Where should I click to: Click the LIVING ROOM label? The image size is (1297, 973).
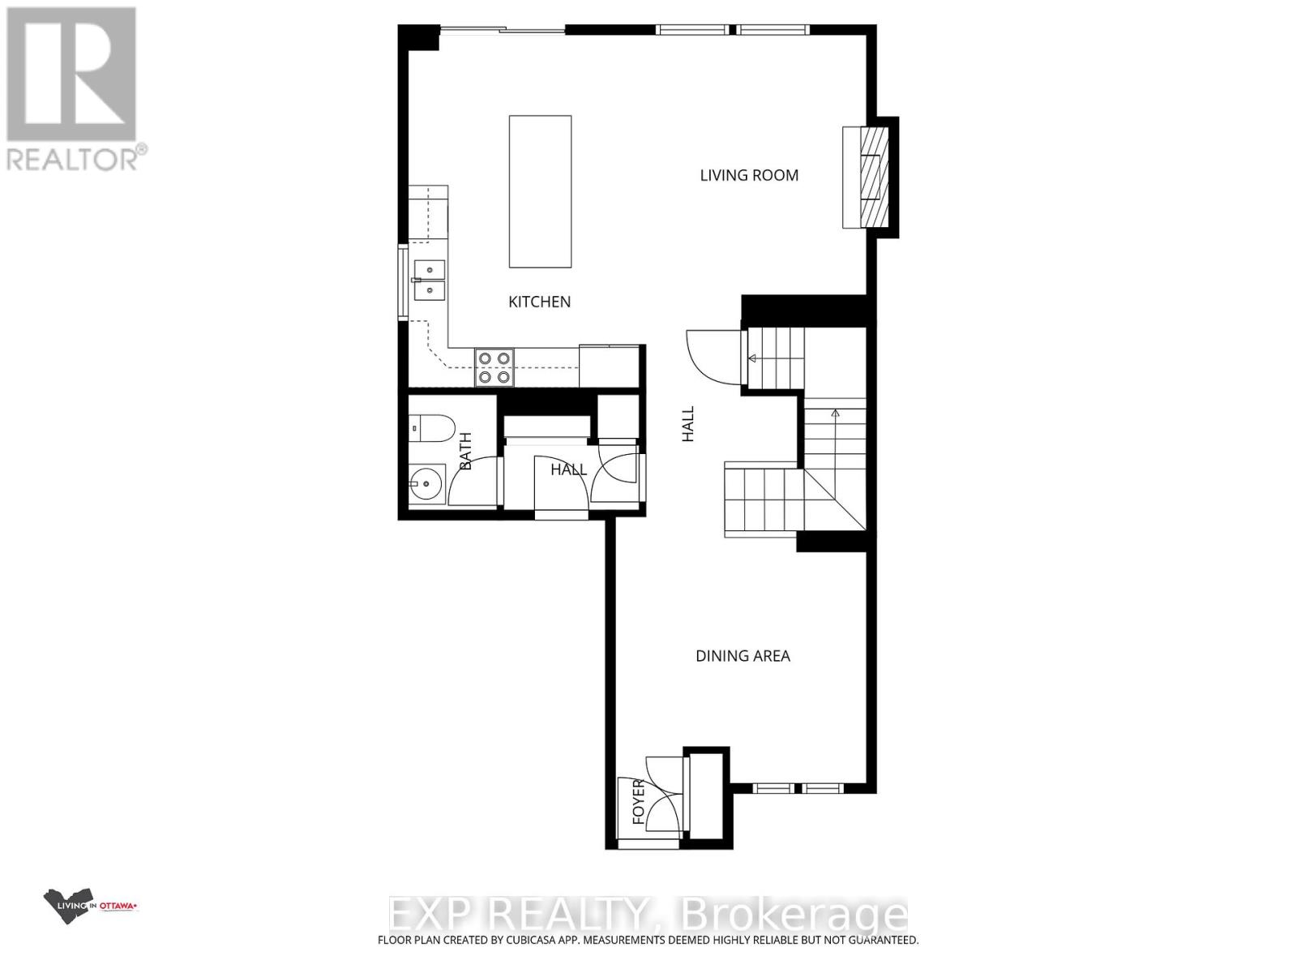(x=749, y=175)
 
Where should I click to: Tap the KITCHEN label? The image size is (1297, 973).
(x=539, y=302)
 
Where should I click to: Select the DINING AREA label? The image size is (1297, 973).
(x=743, y=656)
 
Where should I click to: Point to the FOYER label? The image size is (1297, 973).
(x=639, y=803)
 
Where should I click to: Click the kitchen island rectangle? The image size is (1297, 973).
(x=540, y=191)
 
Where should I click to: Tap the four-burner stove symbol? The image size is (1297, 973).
(x=494, y=366)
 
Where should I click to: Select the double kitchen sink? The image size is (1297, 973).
(x=428, y=279)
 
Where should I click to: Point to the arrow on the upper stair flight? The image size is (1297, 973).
(x=752, y=358)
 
